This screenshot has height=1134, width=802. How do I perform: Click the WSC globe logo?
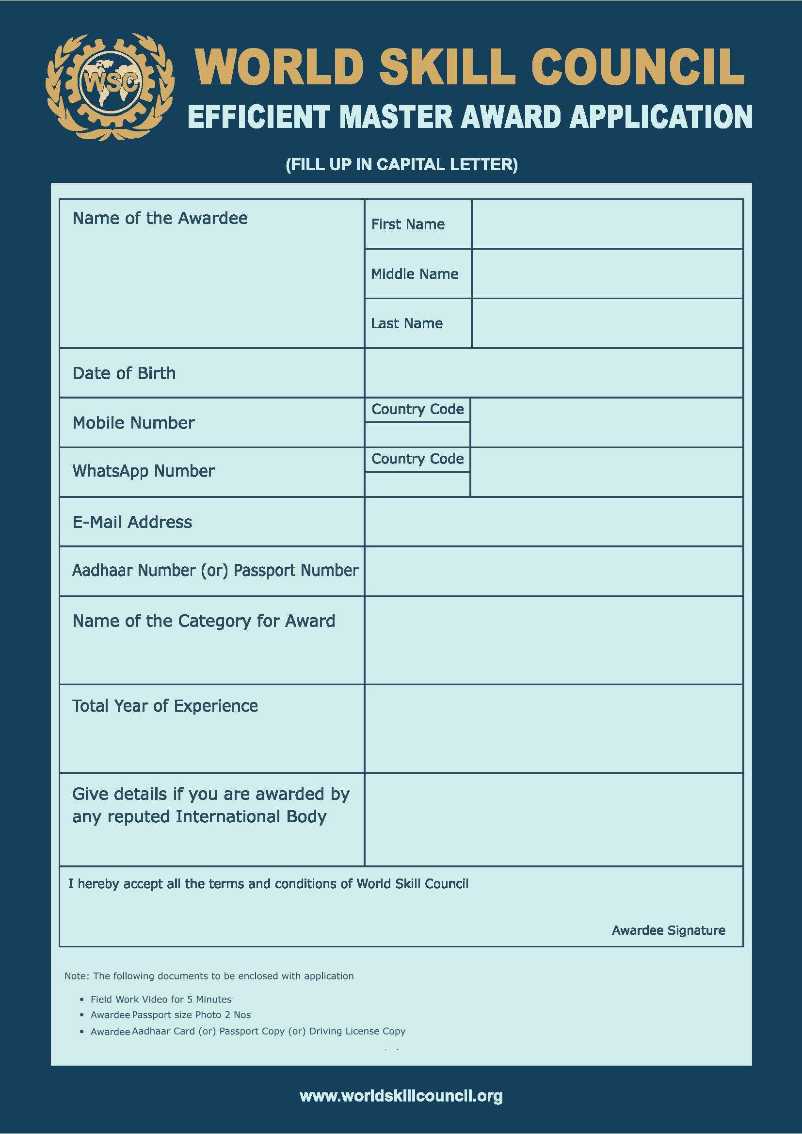110,87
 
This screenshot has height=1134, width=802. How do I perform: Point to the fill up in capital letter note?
401,164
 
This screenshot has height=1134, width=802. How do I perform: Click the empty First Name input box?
607,224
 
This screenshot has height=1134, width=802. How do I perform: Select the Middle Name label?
414,274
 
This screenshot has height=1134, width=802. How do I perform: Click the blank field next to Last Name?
607,323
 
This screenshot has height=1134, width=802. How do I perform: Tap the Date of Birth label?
124,373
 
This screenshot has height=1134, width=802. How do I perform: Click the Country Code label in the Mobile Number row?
417,410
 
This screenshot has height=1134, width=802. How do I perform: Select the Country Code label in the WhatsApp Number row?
417,459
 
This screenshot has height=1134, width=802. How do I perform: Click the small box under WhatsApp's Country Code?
417,484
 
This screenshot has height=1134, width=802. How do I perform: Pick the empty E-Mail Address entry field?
553,522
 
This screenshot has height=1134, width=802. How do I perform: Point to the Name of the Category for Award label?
204,621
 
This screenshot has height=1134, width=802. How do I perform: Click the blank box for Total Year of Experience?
553,729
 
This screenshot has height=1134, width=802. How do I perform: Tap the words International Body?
251,817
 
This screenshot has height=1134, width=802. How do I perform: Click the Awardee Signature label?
668,930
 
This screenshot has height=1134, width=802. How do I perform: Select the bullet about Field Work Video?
161,999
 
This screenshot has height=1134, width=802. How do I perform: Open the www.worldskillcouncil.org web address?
401,1096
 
